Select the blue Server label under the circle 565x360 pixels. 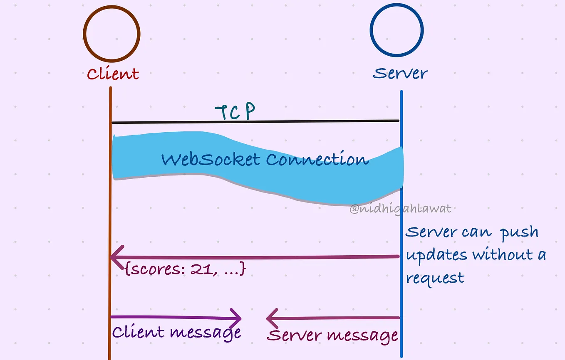pyautogui.click(x=400, y=73)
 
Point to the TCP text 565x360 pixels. pyautogui.click(x=235, y=111)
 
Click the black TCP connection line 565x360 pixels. pyautogui.click(x=255, y=122)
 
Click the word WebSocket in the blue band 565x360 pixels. pyautogui.click(x=211, y=160)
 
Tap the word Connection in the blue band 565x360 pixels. pyautogui.click(x=317, y=159)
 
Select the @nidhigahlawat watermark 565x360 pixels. pyautogui.click(x=401, y=209)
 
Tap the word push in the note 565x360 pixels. pyautogui.click(x=520, y=233)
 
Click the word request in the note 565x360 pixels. pyautogui.click(x=435, y=279)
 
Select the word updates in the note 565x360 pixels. pyautogui.click(x=436, y=255)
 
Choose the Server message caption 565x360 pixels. pyautogui.click(x=332, y=336)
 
